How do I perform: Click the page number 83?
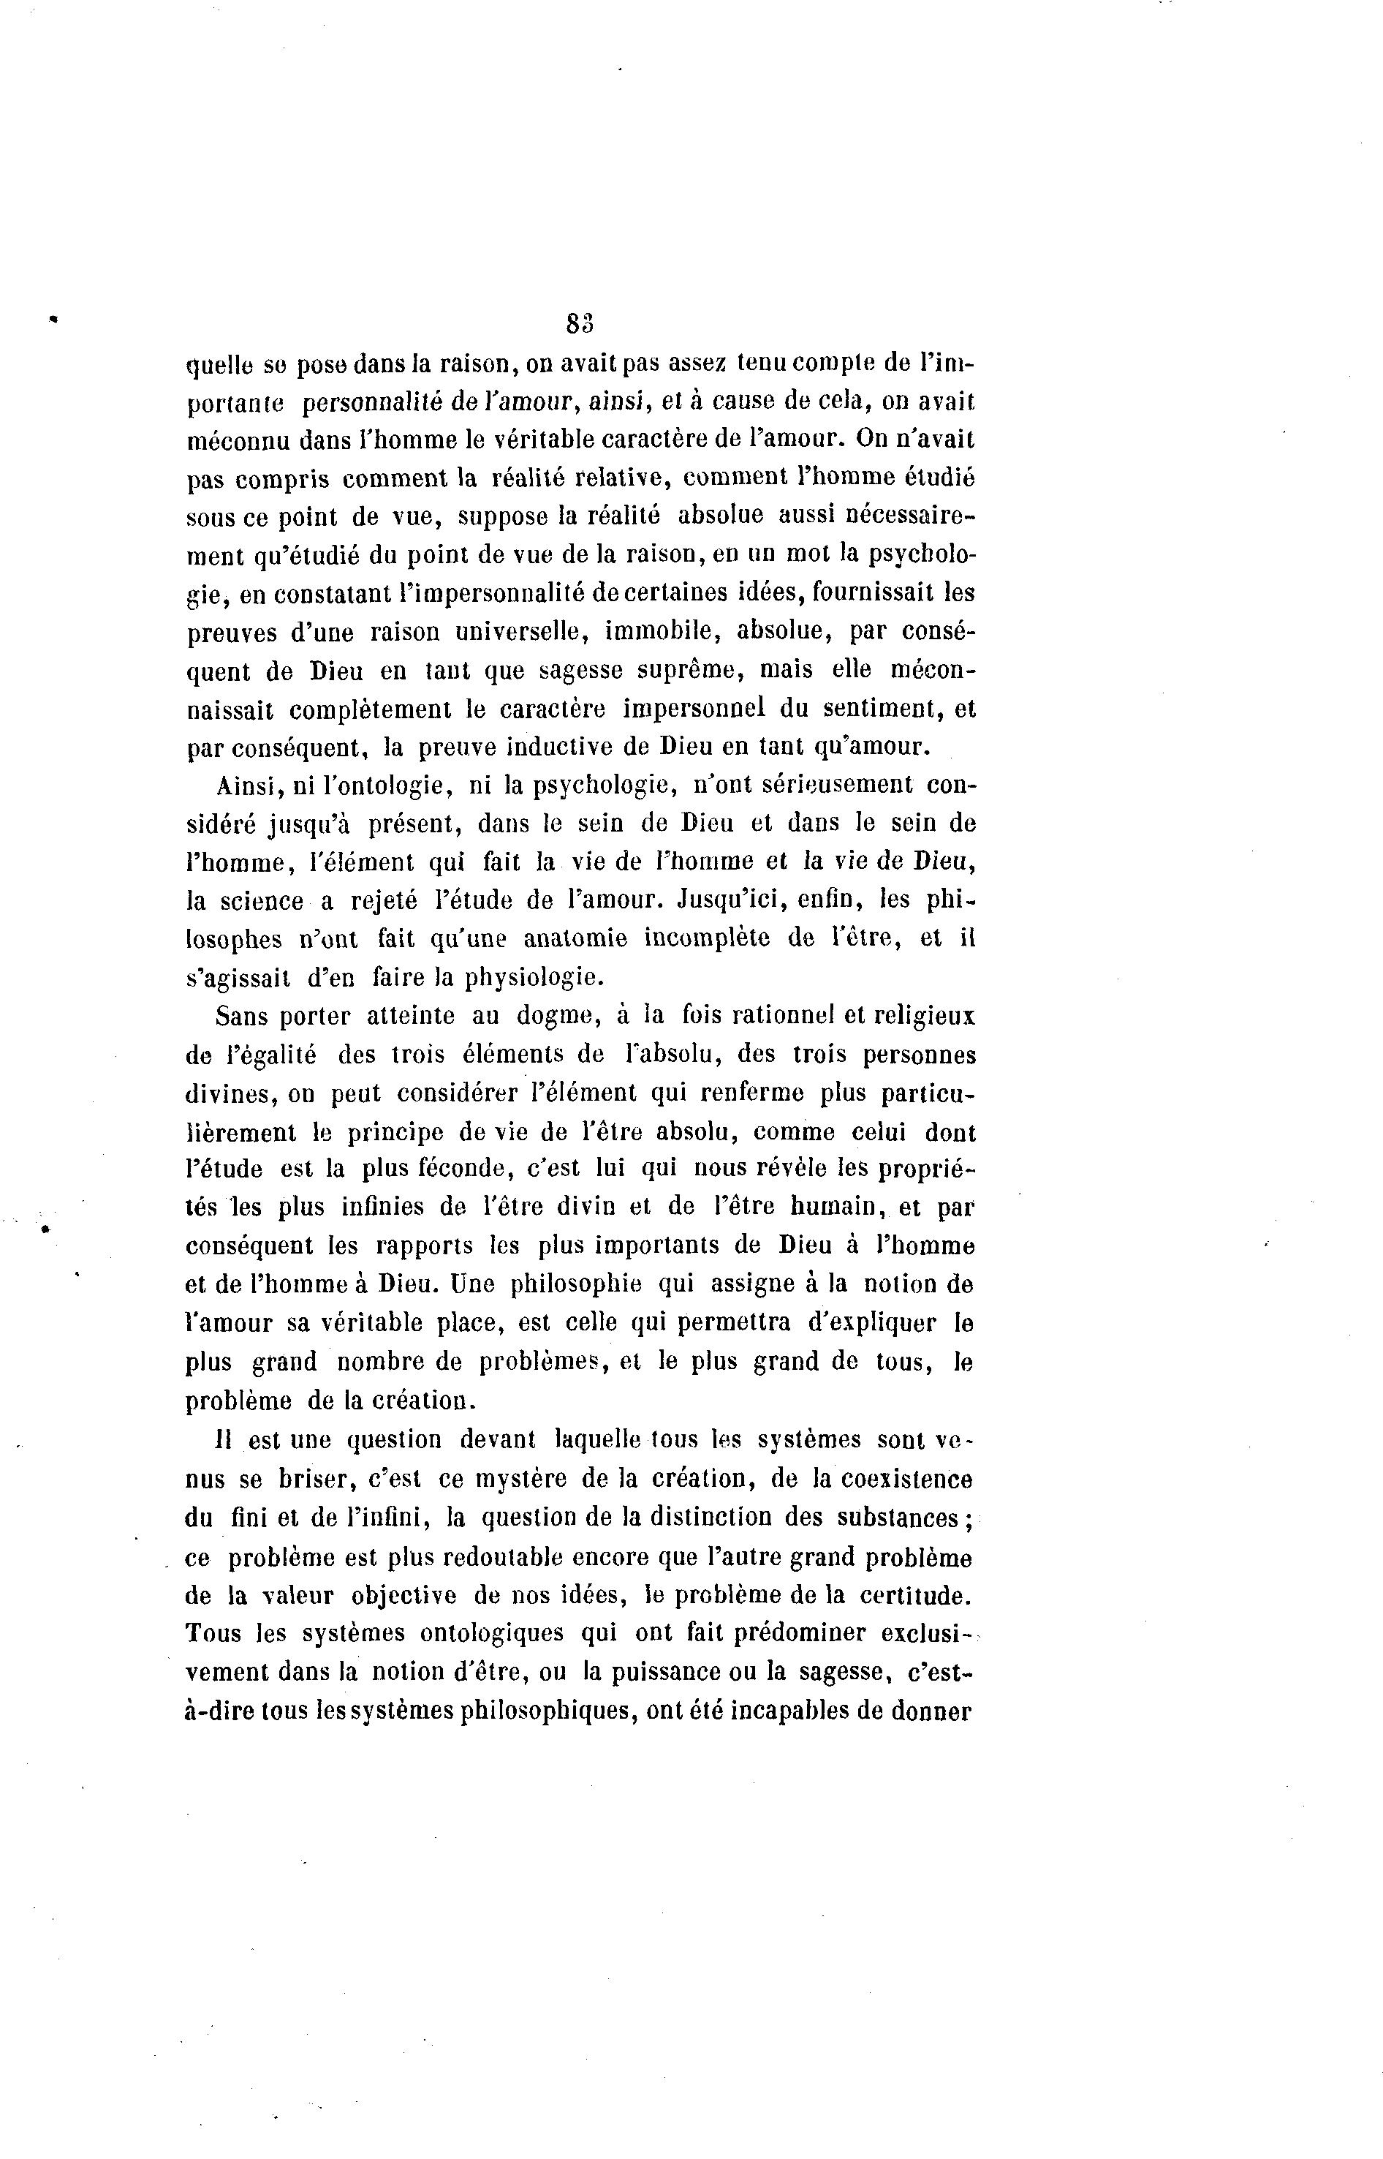(581, 322)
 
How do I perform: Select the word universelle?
(520, 633)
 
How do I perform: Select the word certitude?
(915, 1596)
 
